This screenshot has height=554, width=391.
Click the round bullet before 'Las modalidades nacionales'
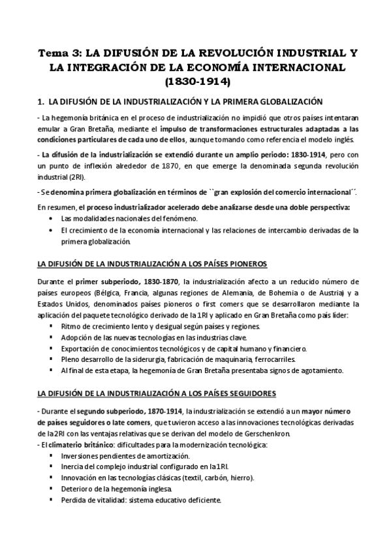tap(50, 218)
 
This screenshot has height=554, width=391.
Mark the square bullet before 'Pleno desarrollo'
tap(51, 359)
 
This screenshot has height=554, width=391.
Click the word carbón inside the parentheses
tap(213, 478)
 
